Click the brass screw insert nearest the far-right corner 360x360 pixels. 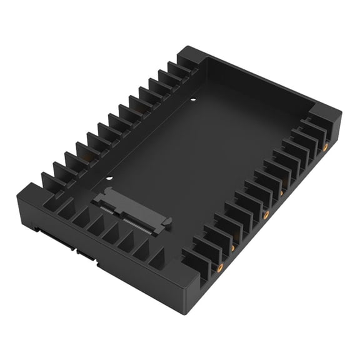click(325, 147)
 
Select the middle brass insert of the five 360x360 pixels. click(266, 214)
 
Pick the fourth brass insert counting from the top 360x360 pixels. click(233, 247)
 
